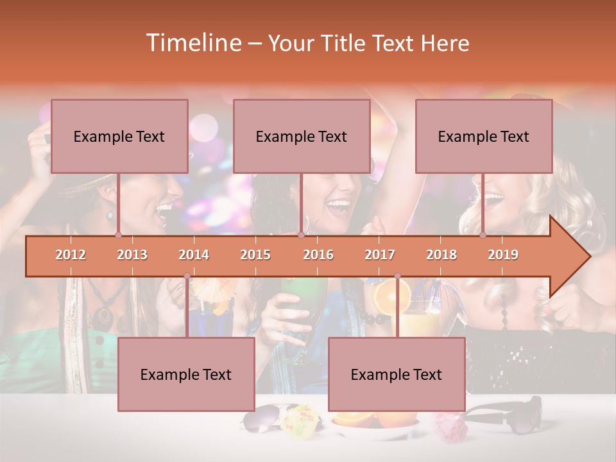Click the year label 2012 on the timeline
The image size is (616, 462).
[x=71, y=255]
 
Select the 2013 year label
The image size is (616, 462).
[x=132, y=255]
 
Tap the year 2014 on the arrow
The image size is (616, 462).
[x=194, y=255]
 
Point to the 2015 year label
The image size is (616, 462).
[x=255, y=255]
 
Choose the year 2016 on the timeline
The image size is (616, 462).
[x=318, y=255]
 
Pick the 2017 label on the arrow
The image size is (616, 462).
[x=380, y=255]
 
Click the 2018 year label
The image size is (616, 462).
[x=441, y=255]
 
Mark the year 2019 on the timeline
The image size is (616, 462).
[x=503, y=255]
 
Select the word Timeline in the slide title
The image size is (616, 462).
[x=193, y=43]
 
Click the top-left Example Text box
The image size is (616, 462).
[x=119, y=136]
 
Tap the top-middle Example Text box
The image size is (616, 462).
[x=302, y=136]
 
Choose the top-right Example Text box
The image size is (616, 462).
[x=484, y=136]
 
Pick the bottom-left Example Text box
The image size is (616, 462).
[x=186, y=374]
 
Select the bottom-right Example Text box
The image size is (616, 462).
[x=397, y=374]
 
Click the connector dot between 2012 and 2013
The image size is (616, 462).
[x=118, y=235]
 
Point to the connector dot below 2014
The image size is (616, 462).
[x=187, y=276]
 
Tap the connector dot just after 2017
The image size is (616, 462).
[x=397, y=276]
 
